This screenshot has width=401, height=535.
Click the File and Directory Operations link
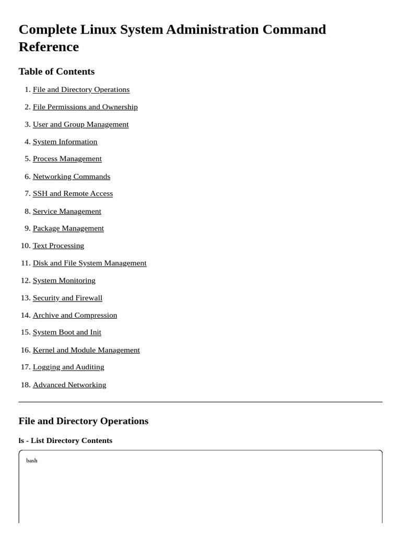click(x=81, y=89)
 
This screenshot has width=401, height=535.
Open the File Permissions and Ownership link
click(x=85, y=107)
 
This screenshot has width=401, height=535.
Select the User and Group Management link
click(x=80, y=124)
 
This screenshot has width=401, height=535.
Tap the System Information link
click(x=65, y=142)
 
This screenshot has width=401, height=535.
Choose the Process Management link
click(x=67, y=158)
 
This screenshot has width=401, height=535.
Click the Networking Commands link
click(x=71, y=177)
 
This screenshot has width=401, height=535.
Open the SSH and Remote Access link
click(x=73, y=193)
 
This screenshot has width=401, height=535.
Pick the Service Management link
click(x=67, y=211)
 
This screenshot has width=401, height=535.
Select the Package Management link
click(x=68, y=228)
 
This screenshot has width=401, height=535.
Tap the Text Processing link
click(x=58, y=246)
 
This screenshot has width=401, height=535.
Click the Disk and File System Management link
click(x=89, y=263)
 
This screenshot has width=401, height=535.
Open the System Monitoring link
click(x=64, y=281)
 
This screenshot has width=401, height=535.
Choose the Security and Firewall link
click(x=67, y=298)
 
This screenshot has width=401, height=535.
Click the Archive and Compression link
click(x=75, y=315)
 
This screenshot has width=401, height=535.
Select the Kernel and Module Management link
click(x=86, y=350)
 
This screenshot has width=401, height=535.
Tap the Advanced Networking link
click(x=69, y=385)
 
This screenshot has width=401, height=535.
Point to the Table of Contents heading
click(x=56, y=72)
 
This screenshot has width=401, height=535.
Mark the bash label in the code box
click(x=32, y=460)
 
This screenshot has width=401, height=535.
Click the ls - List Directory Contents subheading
click(x=65, y=440)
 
